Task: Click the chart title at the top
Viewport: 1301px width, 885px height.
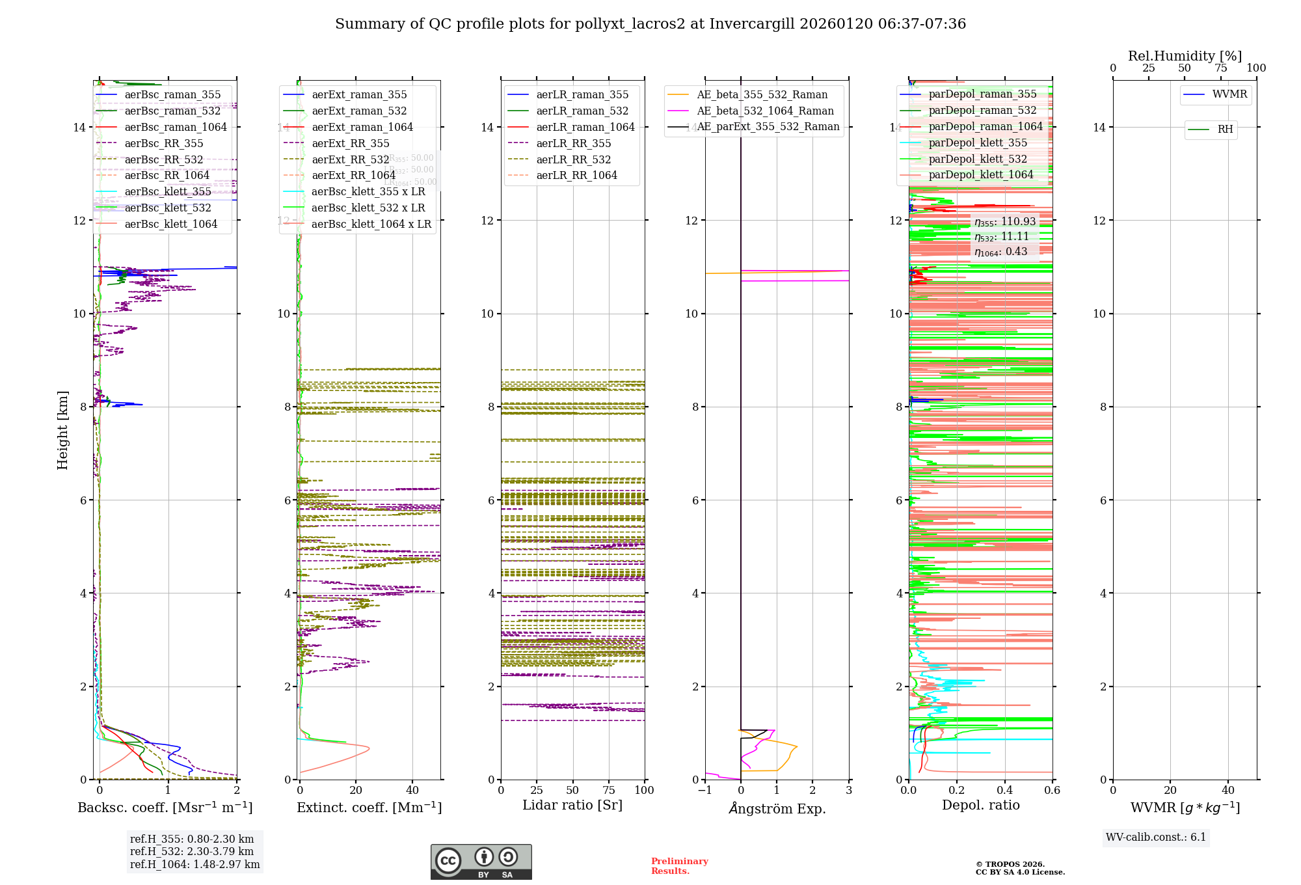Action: click(x=650, y=24)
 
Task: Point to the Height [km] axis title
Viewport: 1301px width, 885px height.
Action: click(x=62, y=429)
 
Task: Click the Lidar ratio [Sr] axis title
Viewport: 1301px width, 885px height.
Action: click(x=572, y=805)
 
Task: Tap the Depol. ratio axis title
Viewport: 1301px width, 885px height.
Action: click(x=980, y=805)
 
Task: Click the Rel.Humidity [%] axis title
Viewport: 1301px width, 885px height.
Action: click(x=1185, y=56)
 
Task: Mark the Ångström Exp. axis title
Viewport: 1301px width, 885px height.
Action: click(x=777, y=809)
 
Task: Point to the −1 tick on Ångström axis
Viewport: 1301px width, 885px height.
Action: click(x=704, y=791)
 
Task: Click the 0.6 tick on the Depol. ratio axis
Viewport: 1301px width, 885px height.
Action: click(x=1052, y=791)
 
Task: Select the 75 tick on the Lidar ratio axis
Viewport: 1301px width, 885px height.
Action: click(x=609, y=791)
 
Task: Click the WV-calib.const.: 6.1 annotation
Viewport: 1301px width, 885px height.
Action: click(x=1156, y=837)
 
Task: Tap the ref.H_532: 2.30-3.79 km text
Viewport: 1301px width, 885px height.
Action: click(x=192, y=852)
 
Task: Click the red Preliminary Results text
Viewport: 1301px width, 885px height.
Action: click(x=679, y=866)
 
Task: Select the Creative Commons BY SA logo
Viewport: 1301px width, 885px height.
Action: click(x=481, y=862)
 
